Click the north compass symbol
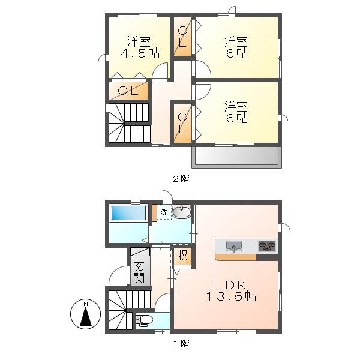(x=86, y=314)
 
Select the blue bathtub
(x=128, y=214)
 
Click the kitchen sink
(x=234, y=245)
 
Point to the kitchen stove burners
(x=267, y=245)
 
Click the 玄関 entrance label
(x=139, y=272)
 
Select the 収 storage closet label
(x=182, y=256)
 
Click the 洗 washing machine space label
(x=163, y=212)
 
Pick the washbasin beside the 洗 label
(x=181, y=212)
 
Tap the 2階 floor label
(x=181, y=178)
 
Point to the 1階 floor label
(x=181, y=344)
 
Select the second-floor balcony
(x=236, y=156)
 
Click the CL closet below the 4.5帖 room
(x=128, y=91)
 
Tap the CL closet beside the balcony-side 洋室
(x=182, y=122)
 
